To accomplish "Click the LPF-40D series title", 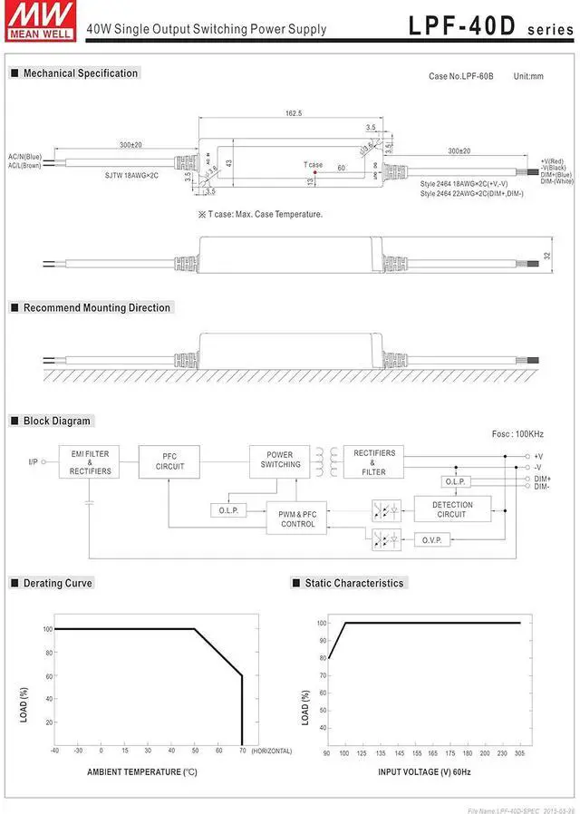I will [x=490, y=24].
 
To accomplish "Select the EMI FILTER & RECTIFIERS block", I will [x=90, y=462].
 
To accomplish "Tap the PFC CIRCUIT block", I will [x=169, y=462].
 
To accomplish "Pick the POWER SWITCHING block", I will [x=280, y=460].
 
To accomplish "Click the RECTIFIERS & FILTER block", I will [x=375, y=462].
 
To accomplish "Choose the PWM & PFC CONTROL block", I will [x=297, y=519].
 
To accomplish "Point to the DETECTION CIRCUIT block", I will [x=452, y=509].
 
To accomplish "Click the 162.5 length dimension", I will [x=294, y=113].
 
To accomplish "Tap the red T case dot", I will [x=314, y=171].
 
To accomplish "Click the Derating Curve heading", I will [x=57, y=583].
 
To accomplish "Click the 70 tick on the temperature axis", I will [x=242, y=751].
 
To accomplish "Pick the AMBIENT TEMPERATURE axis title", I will [x=141, y=772].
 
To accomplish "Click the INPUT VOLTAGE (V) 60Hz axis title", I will [x=424, y=772].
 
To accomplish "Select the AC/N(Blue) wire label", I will [x=25, y=157].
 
